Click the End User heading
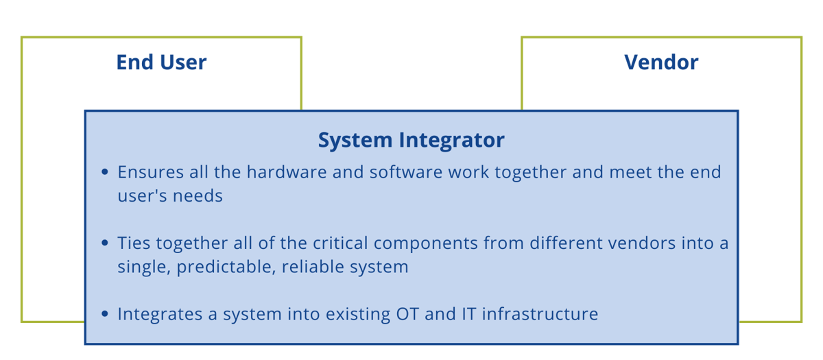coord(161,62)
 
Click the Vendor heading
coord(661,62)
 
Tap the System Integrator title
coord(411,140)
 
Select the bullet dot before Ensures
coord(105,172)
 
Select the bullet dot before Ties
coord(105,243)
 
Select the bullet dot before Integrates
coord(105,315)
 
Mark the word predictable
coord(219,267)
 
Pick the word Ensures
coord(147,171)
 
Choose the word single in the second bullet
coord(143,267)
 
